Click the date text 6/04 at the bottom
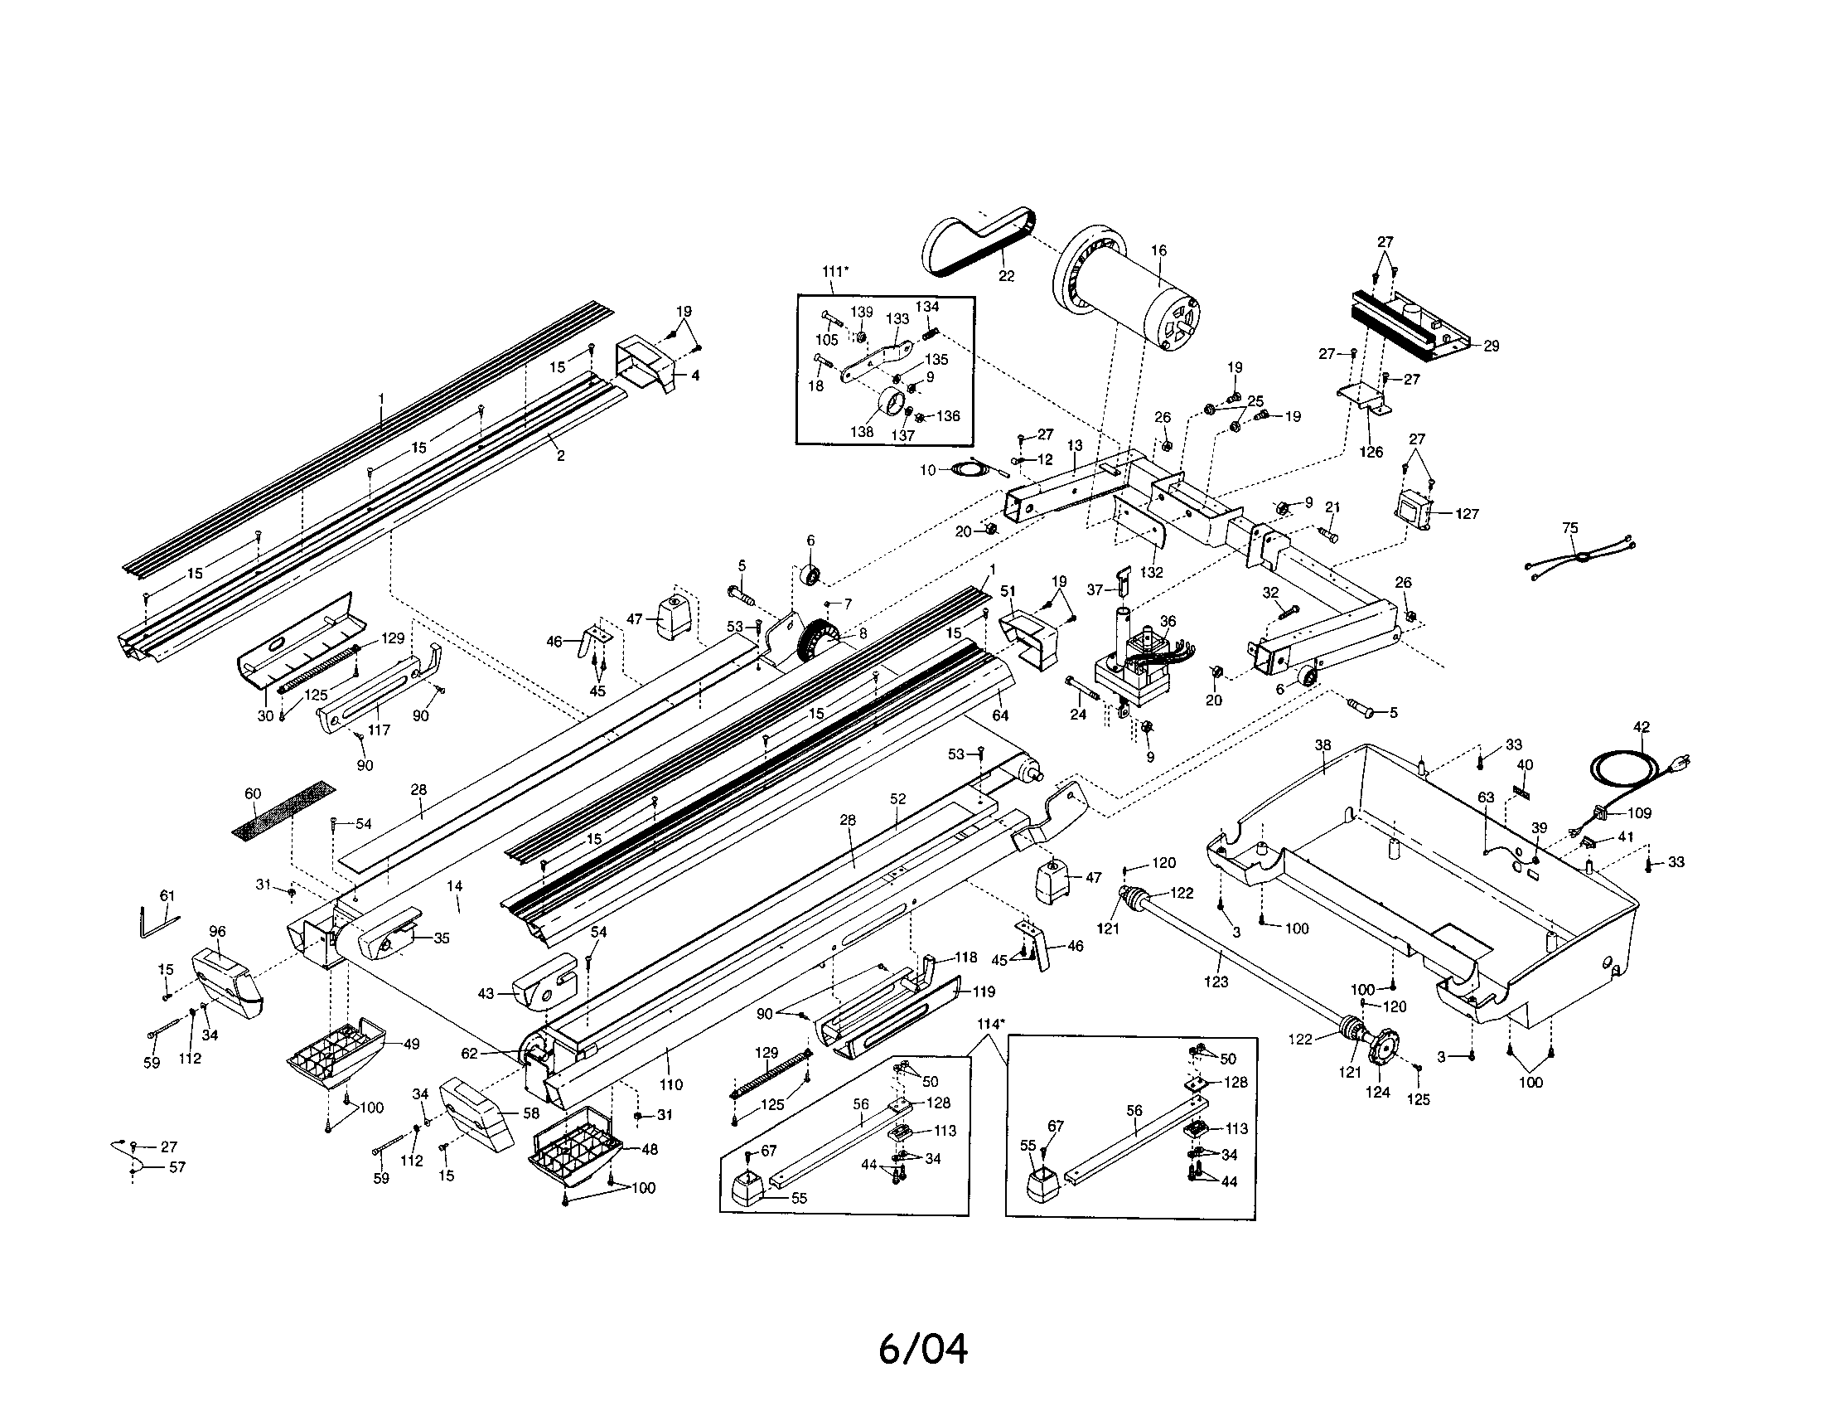(x=923, y=1350)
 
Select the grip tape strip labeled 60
(x=281, y=811)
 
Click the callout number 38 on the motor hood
(x=1323, y=744)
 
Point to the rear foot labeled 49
(x=334, y=1052)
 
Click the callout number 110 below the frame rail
(x=670, y=1084)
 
